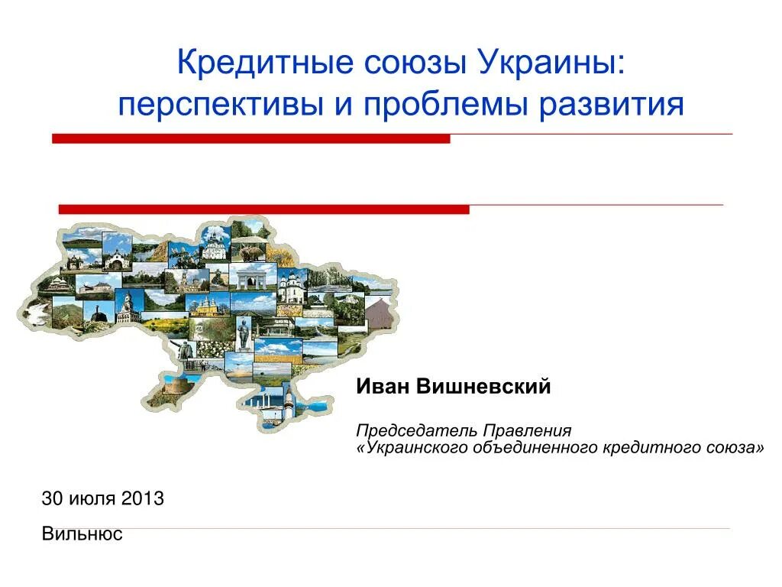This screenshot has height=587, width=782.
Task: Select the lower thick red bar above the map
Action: coord(263,209)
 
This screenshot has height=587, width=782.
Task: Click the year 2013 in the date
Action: coord(144,499)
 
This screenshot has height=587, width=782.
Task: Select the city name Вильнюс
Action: coord(82,534)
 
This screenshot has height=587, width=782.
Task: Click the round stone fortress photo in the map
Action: coord(178,383)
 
